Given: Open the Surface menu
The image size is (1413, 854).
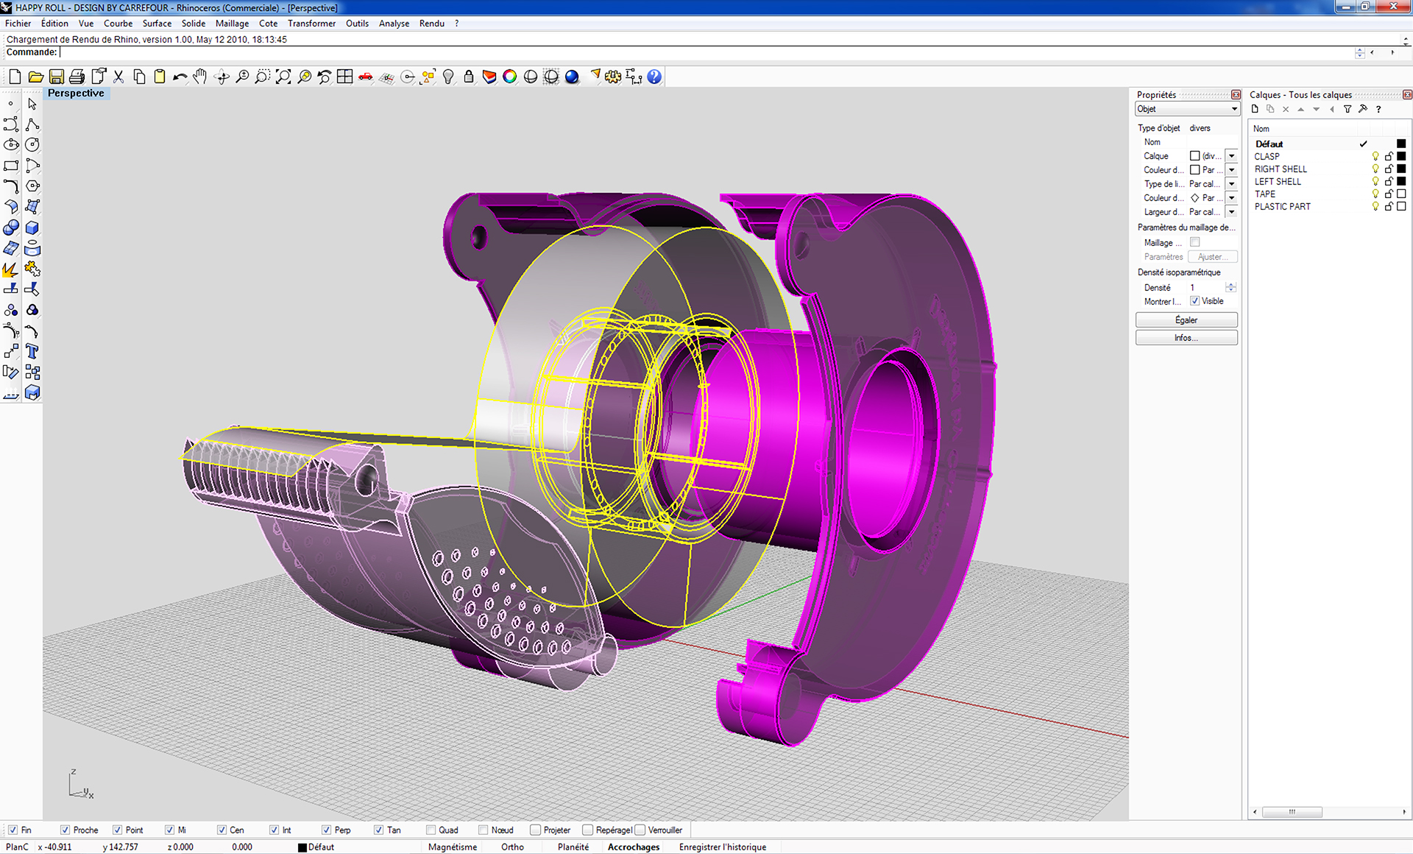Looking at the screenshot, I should point(157,24).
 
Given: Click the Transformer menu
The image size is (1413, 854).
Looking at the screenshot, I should point(311,24).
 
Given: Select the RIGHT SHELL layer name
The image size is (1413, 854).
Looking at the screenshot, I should point(1281,169).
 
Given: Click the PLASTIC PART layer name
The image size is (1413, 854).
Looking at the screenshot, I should point(1282,207).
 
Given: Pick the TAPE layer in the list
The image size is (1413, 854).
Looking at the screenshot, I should point(1265,194).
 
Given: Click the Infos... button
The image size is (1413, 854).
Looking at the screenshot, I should point(1186,338).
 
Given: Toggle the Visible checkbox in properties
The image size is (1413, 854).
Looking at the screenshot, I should point(1195,301).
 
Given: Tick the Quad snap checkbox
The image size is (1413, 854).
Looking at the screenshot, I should point(431,830).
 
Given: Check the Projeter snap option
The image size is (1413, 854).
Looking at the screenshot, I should point(536,830).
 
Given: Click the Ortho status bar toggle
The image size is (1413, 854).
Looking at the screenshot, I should point(512,847).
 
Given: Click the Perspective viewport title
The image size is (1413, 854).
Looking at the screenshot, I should point(76,93).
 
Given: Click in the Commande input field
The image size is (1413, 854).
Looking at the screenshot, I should point(662,52).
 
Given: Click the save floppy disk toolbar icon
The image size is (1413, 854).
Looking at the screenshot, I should point(56,77).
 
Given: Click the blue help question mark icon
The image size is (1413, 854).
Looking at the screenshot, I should point(654,77).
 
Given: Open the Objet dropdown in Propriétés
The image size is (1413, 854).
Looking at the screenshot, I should point(1186,109).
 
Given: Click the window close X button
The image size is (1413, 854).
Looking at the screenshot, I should point(1393,7).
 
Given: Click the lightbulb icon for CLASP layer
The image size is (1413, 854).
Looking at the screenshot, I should point(1375,157).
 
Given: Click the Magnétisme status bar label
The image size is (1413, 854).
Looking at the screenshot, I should point(453,847).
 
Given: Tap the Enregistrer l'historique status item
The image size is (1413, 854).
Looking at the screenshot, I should point(722,847).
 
